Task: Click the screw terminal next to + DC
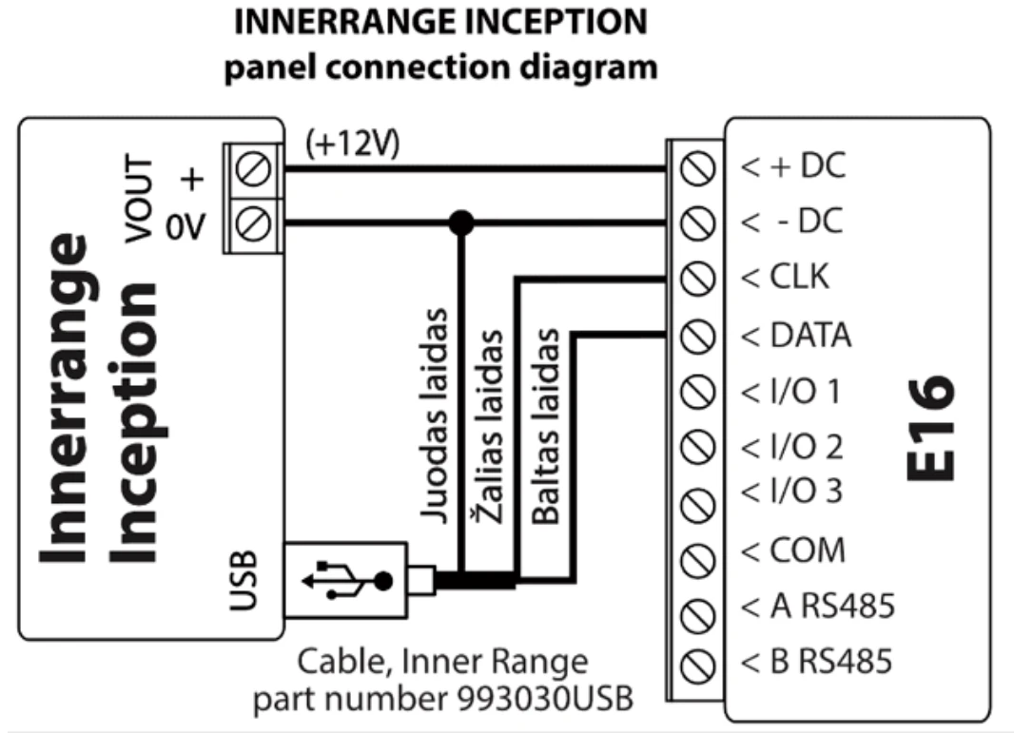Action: [x=699, y=169]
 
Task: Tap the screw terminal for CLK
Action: [x=699, y=280]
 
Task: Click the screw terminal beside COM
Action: [x=699, y=552]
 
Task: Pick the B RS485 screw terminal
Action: [x=699, y=661]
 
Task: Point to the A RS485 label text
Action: [x=818, y=605]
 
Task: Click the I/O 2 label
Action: [x=791, y=445]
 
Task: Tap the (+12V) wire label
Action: [x=352, y=145]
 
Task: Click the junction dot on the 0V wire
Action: [x=462, y=223]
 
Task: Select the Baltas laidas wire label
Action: [x=546, y=428]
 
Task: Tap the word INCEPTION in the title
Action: [x=549, y=21]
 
